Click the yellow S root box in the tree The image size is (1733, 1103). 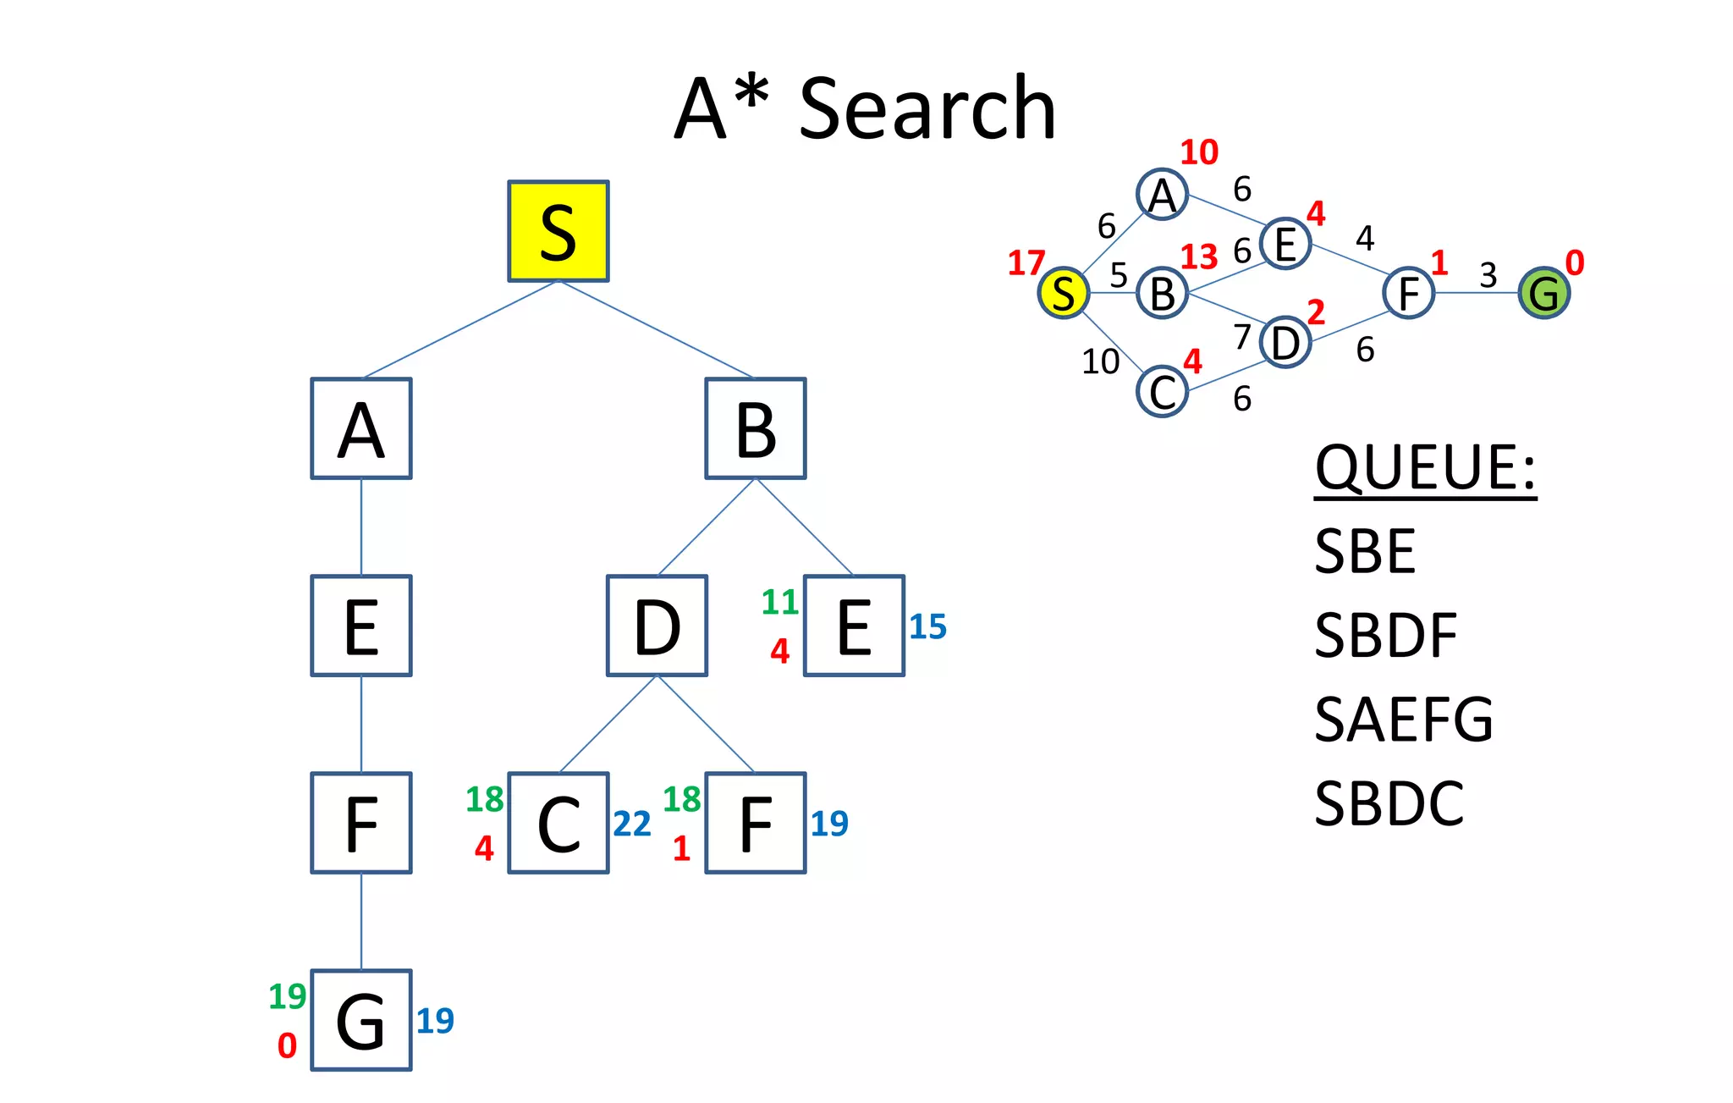click(558, 231)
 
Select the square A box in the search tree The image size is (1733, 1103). click(361, 429)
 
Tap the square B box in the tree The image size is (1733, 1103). click(756, 429)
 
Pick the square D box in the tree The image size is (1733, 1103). click(657, 626)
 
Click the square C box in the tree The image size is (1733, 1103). click(558, 824)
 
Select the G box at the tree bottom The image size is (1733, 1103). click(361, 1021)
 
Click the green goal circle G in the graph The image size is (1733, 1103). click(1543, 293)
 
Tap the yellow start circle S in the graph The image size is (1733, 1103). click(1064, 293)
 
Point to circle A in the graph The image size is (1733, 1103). click(1163, 195)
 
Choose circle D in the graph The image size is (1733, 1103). click(1285, 343)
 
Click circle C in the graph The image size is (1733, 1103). click(1163, 392)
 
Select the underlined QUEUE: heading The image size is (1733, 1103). click(1425, 467)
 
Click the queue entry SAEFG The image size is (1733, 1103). click(1404, 720)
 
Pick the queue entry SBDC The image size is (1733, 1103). click(1389, 803)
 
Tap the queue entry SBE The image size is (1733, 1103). click(1365, 551)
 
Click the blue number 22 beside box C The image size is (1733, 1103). click(632, 824)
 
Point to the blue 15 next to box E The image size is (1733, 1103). click(927, 626)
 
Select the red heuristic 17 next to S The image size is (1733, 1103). click(1026, 263)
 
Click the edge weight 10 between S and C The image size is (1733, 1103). click(1100, 361)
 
